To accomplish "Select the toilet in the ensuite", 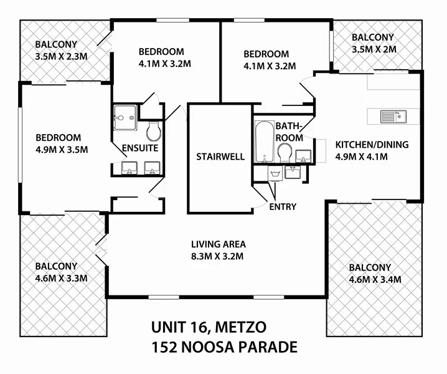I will [x=153, y=131].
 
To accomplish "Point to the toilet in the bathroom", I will [x=285, y=152].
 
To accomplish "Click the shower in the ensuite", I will [x=125, y=116].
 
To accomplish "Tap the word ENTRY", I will [x=283, y=206].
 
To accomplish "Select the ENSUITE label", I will [x=140, y=148].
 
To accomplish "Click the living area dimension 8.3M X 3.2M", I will [x=217, y=256].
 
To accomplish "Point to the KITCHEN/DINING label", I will [x=372, y=145].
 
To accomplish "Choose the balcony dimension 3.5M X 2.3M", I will [x=61, y=56].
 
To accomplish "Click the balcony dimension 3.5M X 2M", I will [x=374, y=49].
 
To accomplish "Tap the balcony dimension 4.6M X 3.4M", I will [x=374, y=278].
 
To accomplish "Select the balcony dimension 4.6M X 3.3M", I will [x=60, y=277].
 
